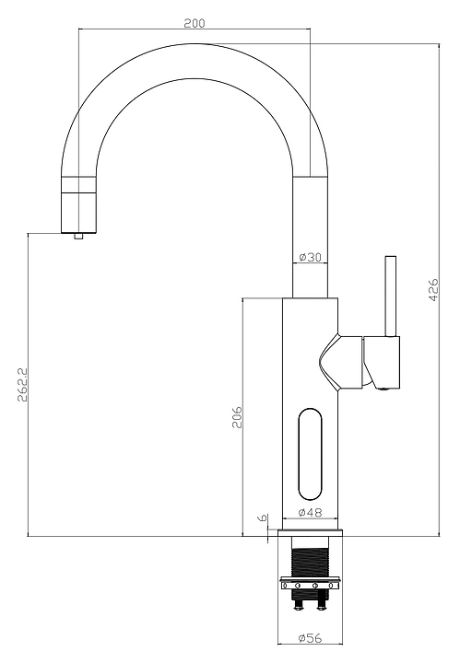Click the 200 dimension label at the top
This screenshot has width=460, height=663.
coord(195,23)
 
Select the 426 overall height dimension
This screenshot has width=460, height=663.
coord(433,290)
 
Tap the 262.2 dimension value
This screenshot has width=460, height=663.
coord(22,384)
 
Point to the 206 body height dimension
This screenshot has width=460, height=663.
coord(237,417)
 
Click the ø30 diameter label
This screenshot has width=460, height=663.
coord(310,257)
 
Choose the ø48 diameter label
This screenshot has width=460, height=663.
coord(310,513)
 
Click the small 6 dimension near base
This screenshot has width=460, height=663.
coord(263,518)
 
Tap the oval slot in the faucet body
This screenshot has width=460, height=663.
coord(310,454)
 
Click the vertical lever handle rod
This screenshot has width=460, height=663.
coord(390,296)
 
